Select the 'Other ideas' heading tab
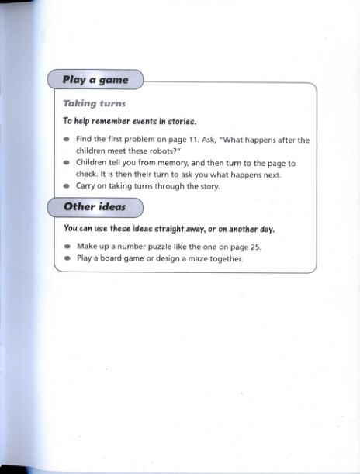coord(94,207)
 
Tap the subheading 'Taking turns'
coord(94,103)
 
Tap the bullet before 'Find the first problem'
coord(67,140)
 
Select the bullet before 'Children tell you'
coord(67,164)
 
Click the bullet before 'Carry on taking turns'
coord(67,186)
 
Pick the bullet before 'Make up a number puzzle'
coord(67,247)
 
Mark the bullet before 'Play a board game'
coord(67,258)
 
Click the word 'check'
coord(86,175)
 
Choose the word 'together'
coord(225,258)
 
